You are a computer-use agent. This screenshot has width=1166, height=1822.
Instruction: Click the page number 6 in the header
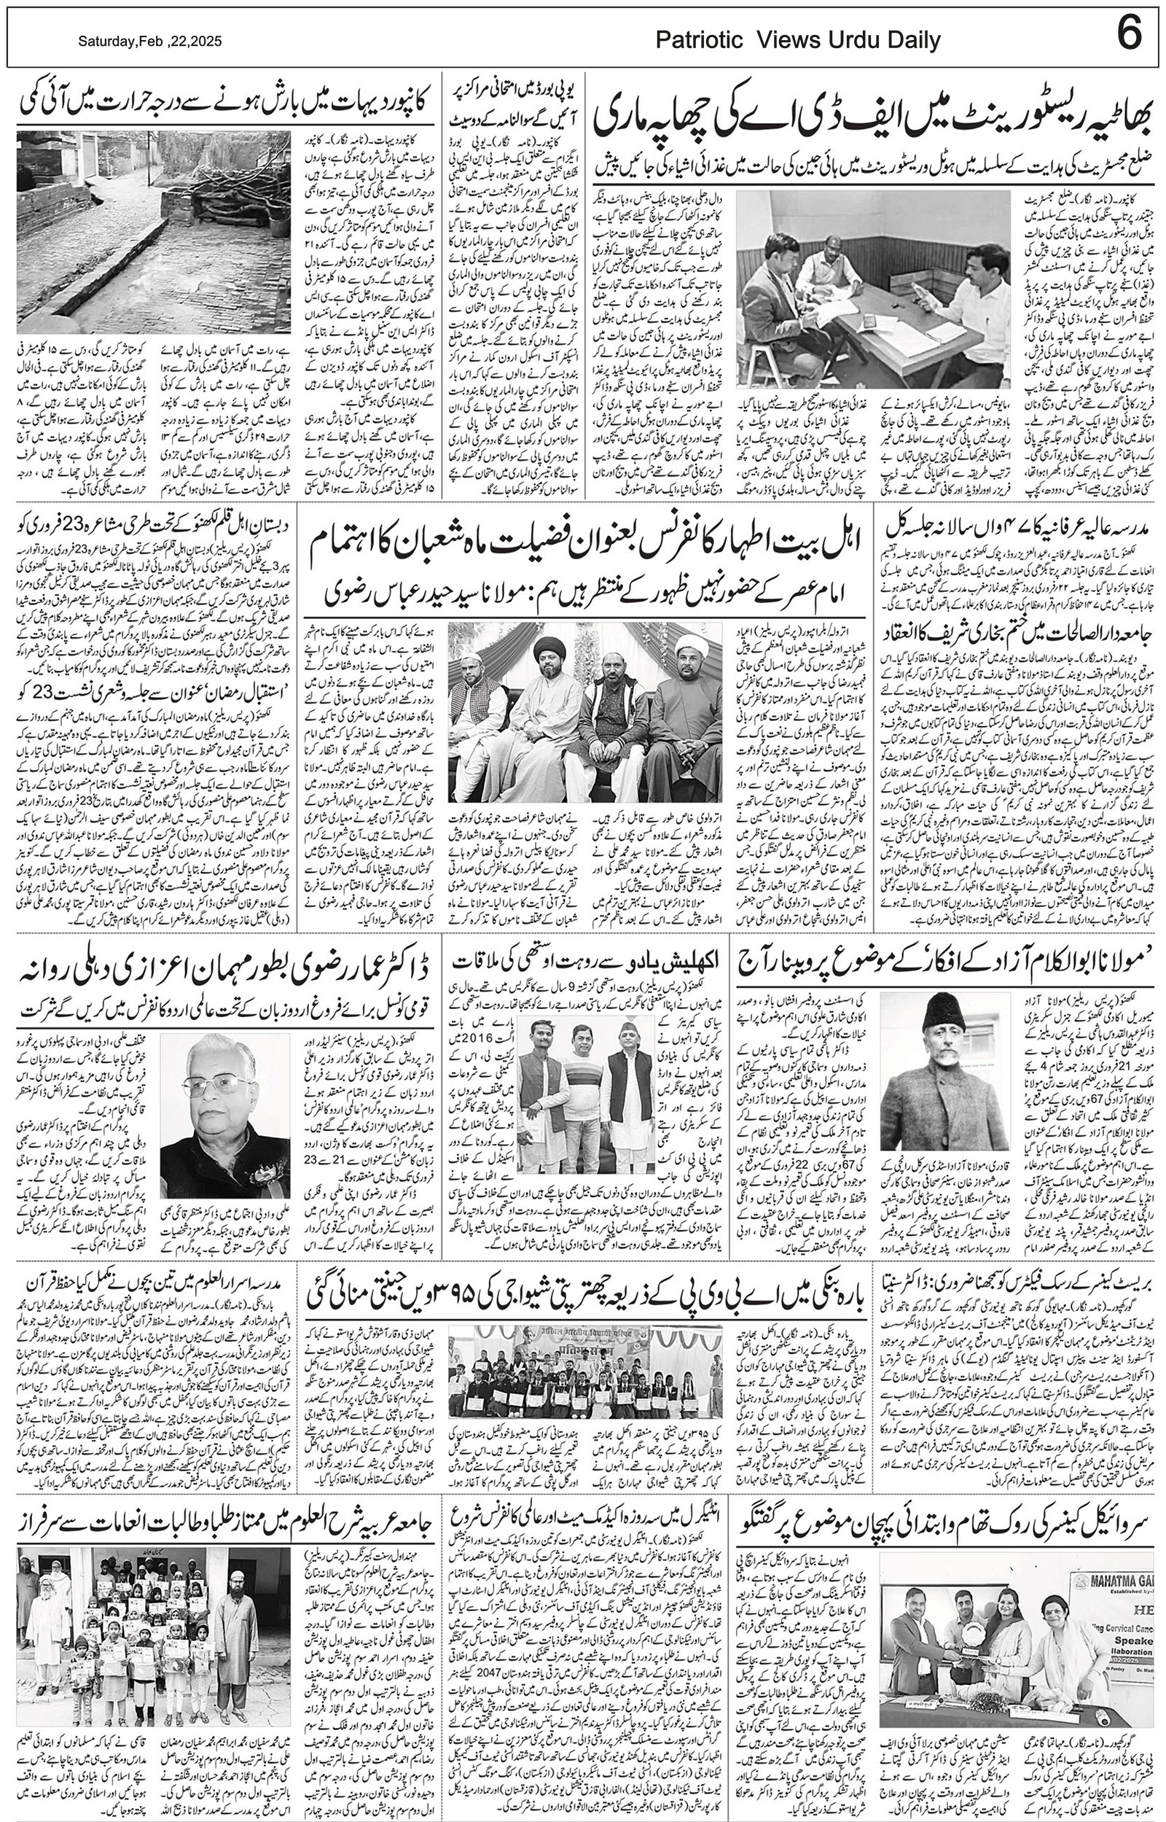click(x=1129, y=36)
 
